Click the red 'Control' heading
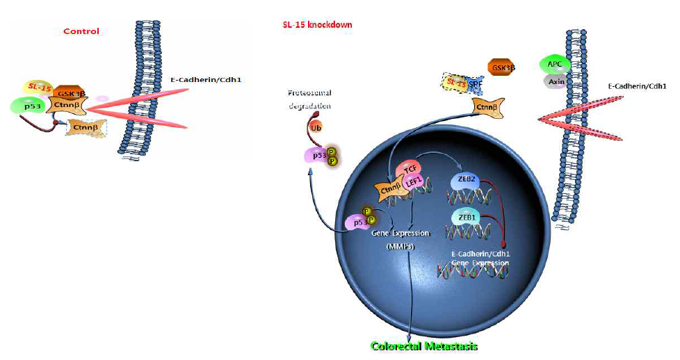click(81, 31)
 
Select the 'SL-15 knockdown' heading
click(313, 25)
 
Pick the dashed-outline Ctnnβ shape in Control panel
click(87, 126)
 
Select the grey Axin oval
click(554, 81)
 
